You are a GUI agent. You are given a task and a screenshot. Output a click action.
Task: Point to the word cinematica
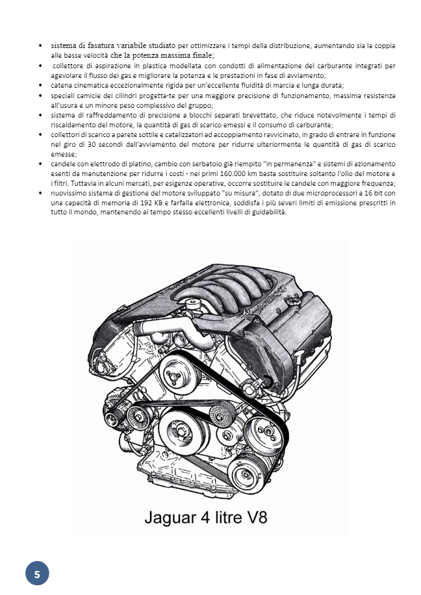click(x=89, y=85)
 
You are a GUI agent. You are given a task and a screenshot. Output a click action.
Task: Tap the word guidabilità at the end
click(x=267, y=212)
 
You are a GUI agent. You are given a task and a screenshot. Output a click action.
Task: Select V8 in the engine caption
click(x=254, y=517)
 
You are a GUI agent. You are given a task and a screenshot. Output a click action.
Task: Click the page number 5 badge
click(x=37, y=574)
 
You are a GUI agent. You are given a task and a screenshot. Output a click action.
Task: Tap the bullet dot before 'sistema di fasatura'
click(x=41, y=47)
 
